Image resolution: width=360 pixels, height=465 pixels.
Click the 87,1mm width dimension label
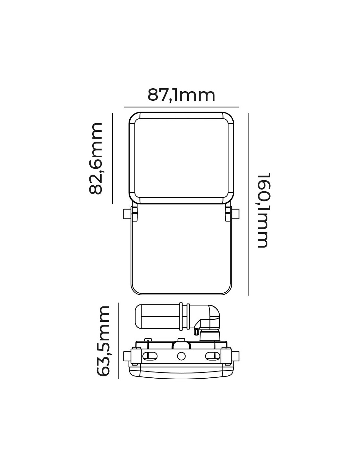click(181, 96)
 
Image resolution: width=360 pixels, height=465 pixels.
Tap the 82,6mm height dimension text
click(96, 159)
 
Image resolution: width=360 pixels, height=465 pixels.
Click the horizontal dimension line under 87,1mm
click(181, 107)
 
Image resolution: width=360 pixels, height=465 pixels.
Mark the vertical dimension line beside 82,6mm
click(113, 159)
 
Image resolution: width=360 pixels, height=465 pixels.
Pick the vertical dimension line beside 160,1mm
click(248, 204)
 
